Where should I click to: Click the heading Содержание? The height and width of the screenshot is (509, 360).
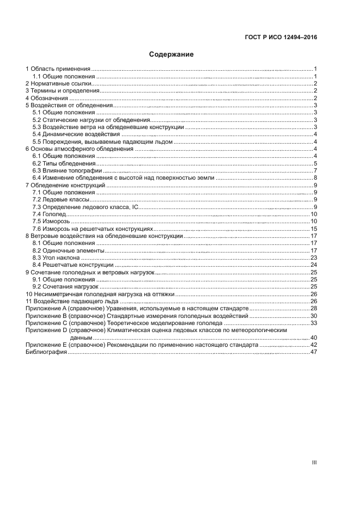pos(172,54)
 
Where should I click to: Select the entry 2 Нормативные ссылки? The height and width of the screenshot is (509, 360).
pos(58,84)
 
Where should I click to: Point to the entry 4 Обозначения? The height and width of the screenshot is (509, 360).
pos(47,98)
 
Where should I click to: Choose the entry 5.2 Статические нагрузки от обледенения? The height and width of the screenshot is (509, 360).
pos(90,120)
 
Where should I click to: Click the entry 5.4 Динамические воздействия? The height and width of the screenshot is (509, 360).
pos(76,134)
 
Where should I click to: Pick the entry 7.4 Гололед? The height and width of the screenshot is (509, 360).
pos(49,214)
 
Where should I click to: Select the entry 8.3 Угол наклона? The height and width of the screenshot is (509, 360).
pos(56,258)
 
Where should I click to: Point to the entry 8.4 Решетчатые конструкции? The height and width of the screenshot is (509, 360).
pos(73,265)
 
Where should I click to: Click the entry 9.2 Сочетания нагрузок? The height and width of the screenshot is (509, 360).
pos(65,287)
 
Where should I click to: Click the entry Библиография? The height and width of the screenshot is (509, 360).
pos(46,353)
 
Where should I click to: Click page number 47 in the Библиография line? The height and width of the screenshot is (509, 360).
pos(314,353)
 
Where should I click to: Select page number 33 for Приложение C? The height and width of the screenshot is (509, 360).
pos(314,323)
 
